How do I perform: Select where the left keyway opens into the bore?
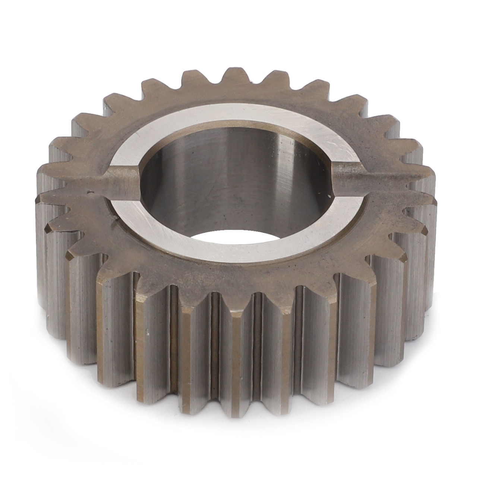pyautogui.click(x=138, y=178)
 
